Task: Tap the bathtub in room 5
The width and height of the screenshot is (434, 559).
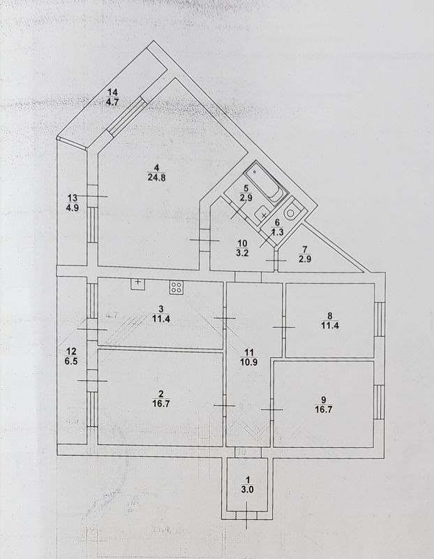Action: [x=265, y=180]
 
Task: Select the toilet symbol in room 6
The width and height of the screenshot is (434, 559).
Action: [x=293, y=209]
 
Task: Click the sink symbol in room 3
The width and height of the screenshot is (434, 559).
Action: [x=137, y=284]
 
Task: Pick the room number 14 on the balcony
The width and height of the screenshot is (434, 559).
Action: [x=113, y=92]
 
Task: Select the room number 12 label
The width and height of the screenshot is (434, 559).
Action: [x=70, y=351]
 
